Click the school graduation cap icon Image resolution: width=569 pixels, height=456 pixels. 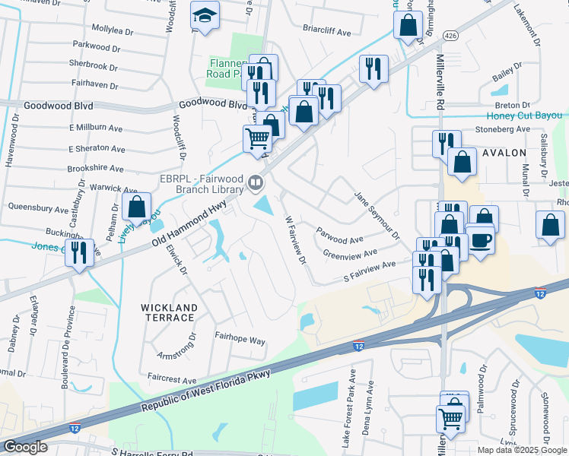[204, 15]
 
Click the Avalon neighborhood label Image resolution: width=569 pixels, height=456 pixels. [504, 153]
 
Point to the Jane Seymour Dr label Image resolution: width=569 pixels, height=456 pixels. [377, 216]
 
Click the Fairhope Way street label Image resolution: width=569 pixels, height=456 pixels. [240, 339]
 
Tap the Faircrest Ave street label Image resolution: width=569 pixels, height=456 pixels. [172, 378]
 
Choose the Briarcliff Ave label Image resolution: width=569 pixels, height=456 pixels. [326, 33]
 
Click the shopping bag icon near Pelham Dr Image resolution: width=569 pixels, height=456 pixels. [136, 206]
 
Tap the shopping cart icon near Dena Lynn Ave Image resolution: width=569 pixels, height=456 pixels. [450, 417]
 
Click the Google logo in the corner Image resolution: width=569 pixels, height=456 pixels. [25, 447]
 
